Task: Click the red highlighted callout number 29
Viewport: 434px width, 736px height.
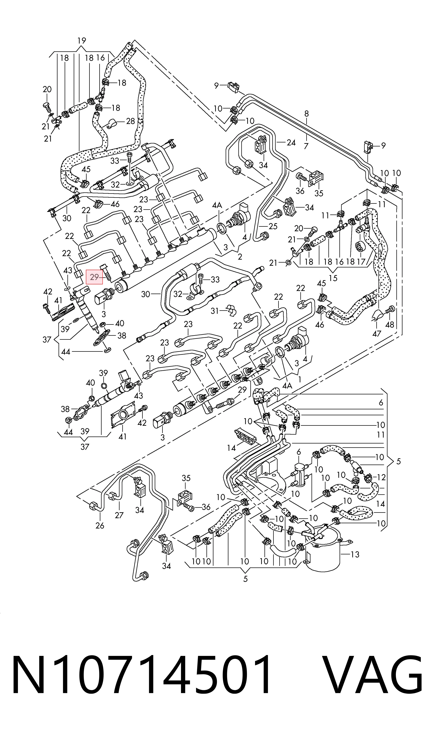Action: [x=94, y=277]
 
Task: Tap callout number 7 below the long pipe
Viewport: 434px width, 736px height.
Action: [x=306, y=146]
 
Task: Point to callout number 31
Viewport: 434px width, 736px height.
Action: [x=215, y=311]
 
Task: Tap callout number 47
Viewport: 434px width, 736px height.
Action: [x=377, y=333]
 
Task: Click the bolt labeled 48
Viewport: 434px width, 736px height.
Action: [x=391, y=310]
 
